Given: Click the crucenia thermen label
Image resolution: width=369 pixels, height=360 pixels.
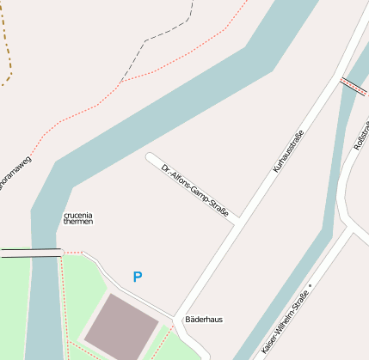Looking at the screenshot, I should (77, 218).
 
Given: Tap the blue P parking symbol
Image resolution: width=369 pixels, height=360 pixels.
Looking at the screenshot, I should (137, 278).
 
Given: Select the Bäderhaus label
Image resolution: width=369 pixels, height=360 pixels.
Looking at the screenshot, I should (204, 320).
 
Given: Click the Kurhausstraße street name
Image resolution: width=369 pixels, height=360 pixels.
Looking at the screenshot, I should (289, 151).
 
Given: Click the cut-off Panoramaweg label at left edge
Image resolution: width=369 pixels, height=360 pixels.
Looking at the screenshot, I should (14, 174).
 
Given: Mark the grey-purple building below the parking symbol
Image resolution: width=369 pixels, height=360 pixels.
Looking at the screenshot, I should (120, 326).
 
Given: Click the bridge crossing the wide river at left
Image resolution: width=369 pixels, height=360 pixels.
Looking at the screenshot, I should (31, 253).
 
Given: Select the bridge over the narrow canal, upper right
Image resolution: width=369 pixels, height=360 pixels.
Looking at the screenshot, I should (354, 85).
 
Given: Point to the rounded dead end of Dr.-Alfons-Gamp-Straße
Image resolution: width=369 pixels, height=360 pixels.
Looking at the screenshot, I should (151, 158).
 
